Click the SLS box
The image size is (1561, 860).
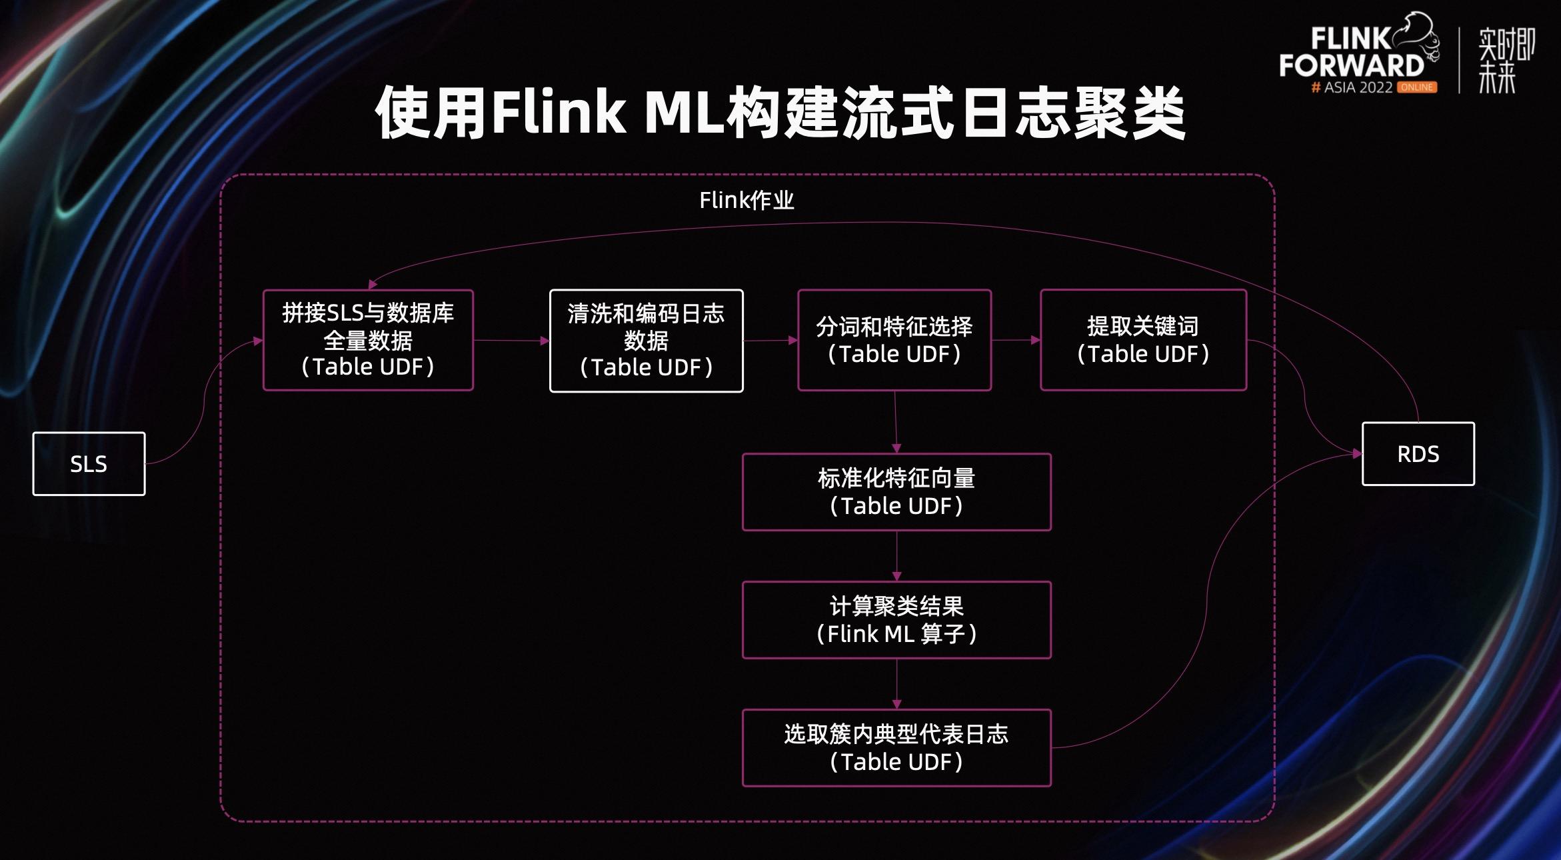pyautogui.click(x=89, y=464)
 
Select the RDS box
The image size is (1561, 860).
pyautogui.click(x=1418, y=454)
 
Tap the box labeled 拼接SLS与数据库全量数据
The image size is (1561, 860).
pyautogui.click(x=368, y=340)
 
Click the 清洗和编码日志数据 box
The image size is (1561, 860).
pyautogui.click(x=646, y=341)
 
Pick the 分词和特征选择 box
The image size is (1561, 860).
pyautogui.click(x=894, y=340)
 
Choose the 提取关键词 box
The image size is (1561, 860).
pyautogui.click(x=1143, y=340)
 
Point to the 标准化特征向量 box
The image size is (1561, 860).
pyautogui.click(x=896, y=492)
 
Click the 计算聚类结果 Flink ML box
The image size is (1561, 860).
pyautogui.click(x=896, y=620)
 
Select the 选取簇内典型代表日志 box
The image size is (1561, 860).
pyautogui.click(x=896, y=748)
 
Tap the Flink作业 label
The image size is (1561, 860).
pyautogui.click(x=747, y=200)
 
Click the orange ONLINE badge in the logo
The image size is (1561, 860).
pyautogui.click(x=1418, y=87)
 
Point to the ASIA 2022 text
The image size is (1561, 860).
pyautogui.click(x=1358, y=87)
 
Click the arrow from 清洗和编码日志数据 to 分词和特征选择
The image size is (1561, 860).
pyautogui.click(x=771, y=340)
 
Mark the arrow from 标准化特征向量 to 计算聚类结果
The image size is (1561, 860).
pyautogui.click(x=896, y=556)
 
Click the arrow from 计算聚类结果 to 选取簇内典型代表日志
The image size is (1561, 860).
pyautogui.click(x=896, y=684)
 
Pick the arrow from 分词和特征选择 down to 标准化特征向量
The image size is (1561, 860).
pyautogui.click(x=896, y=422)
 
